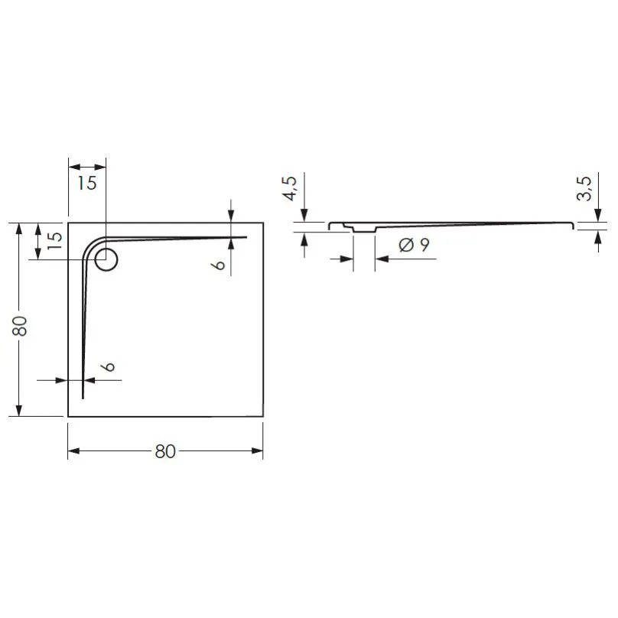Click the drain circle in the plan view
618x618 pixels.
coord(106,260)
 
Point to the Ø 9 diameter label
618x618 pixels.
coord(413,246)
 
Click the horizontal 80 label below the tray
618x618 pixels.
coord(165,451)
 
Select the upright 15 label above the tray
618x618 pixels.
coord(86,184)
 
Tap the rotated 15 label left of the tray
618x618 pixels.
coord(54,238)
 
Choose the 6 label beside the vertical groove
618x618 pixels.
coord(109,366)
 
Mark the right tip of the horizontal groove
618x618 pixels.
coord(246,237)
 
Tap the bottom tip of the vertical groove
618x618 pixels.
coord(83,397)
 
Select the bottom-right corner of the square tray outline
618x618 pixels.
coord(263,416)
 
